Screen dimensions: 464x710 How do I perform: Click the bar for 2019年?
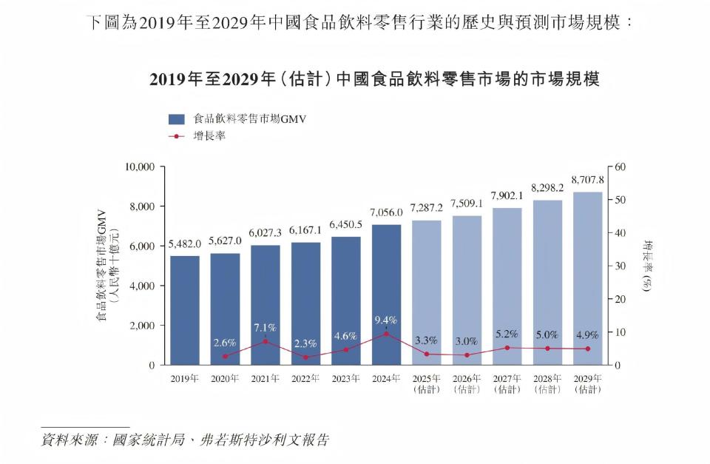point(184,310)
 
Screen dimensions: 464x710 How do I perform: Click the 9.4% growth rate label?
point(386,320)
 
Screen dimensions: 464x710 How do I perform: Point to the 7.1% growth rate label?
point(265,328)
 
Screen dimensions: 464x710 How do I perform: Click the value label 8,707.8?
point(587,180)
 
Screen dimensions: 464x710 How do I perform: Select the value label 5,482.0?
point(184,243)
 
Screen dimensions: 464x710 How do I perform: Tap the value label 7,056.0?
point(386,213)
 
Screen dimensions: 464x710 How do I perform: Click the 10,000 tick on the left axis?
point(139,167)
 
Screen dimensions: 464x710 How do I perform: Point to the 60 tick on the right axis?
point(621,167)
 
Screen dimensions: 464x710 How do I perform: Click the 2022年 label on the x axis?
point(305,379)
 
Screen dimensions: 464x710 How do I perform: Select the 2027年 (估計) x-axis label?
point(507,384)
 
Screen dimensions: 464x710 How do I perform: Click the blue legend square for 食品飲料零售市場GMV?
point(176,119)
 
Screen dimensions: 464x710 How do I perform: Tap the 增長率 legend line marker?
point(176,136)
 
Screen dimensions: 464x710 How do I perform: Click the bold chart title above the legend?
point(373,79)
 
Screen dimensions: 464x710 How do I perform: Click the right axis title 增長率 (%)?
point(648,266)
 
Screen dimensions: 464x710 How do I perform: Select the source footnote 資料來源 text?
point(185,439)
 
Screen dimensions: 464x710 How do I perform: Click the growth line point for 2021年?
point(265,341)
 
